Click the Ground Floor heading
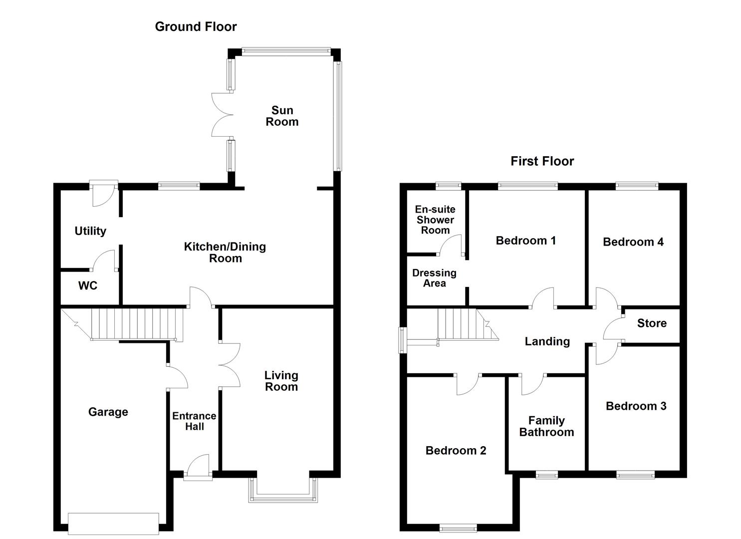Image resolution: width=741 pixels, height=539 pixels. (196, 26)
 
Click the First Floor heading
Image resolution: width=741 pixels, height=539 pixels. (542, 161)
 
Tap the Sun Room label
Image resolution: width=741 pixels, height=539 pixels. (282, 116)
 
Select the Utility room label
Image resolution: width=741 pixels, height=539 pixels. (90, 231)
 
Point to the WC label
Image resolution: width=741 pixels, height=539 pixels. (88, 285)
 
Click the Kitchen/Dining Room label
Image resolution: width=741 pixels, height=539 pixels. (225, 252)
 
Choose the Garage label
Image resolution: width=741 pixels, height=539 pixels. (108, 412)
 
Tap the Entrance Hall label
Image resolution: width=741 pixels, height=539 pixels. (194, 421)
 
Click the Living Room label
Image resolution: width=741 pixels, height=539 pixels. (281, 380)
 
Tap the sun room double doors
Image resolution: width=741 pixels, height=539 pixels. (223, 115)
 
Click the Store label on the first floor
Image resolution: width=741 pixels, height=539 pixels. (652, 323)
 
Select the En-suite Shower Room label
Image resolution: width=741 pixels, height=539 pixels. (435, 220)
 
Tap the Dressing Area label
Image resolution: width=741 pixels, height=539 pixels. (434, 278)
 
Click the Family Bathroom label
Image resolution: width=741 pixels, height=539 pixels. (546, 426)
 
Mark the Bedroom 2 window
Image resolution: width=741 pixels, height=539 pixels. (458, 527)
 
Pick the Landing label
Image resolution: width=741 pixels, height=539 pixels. (547, 341)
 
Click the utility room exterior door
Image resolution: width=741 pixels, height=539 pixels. (103, 192)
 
